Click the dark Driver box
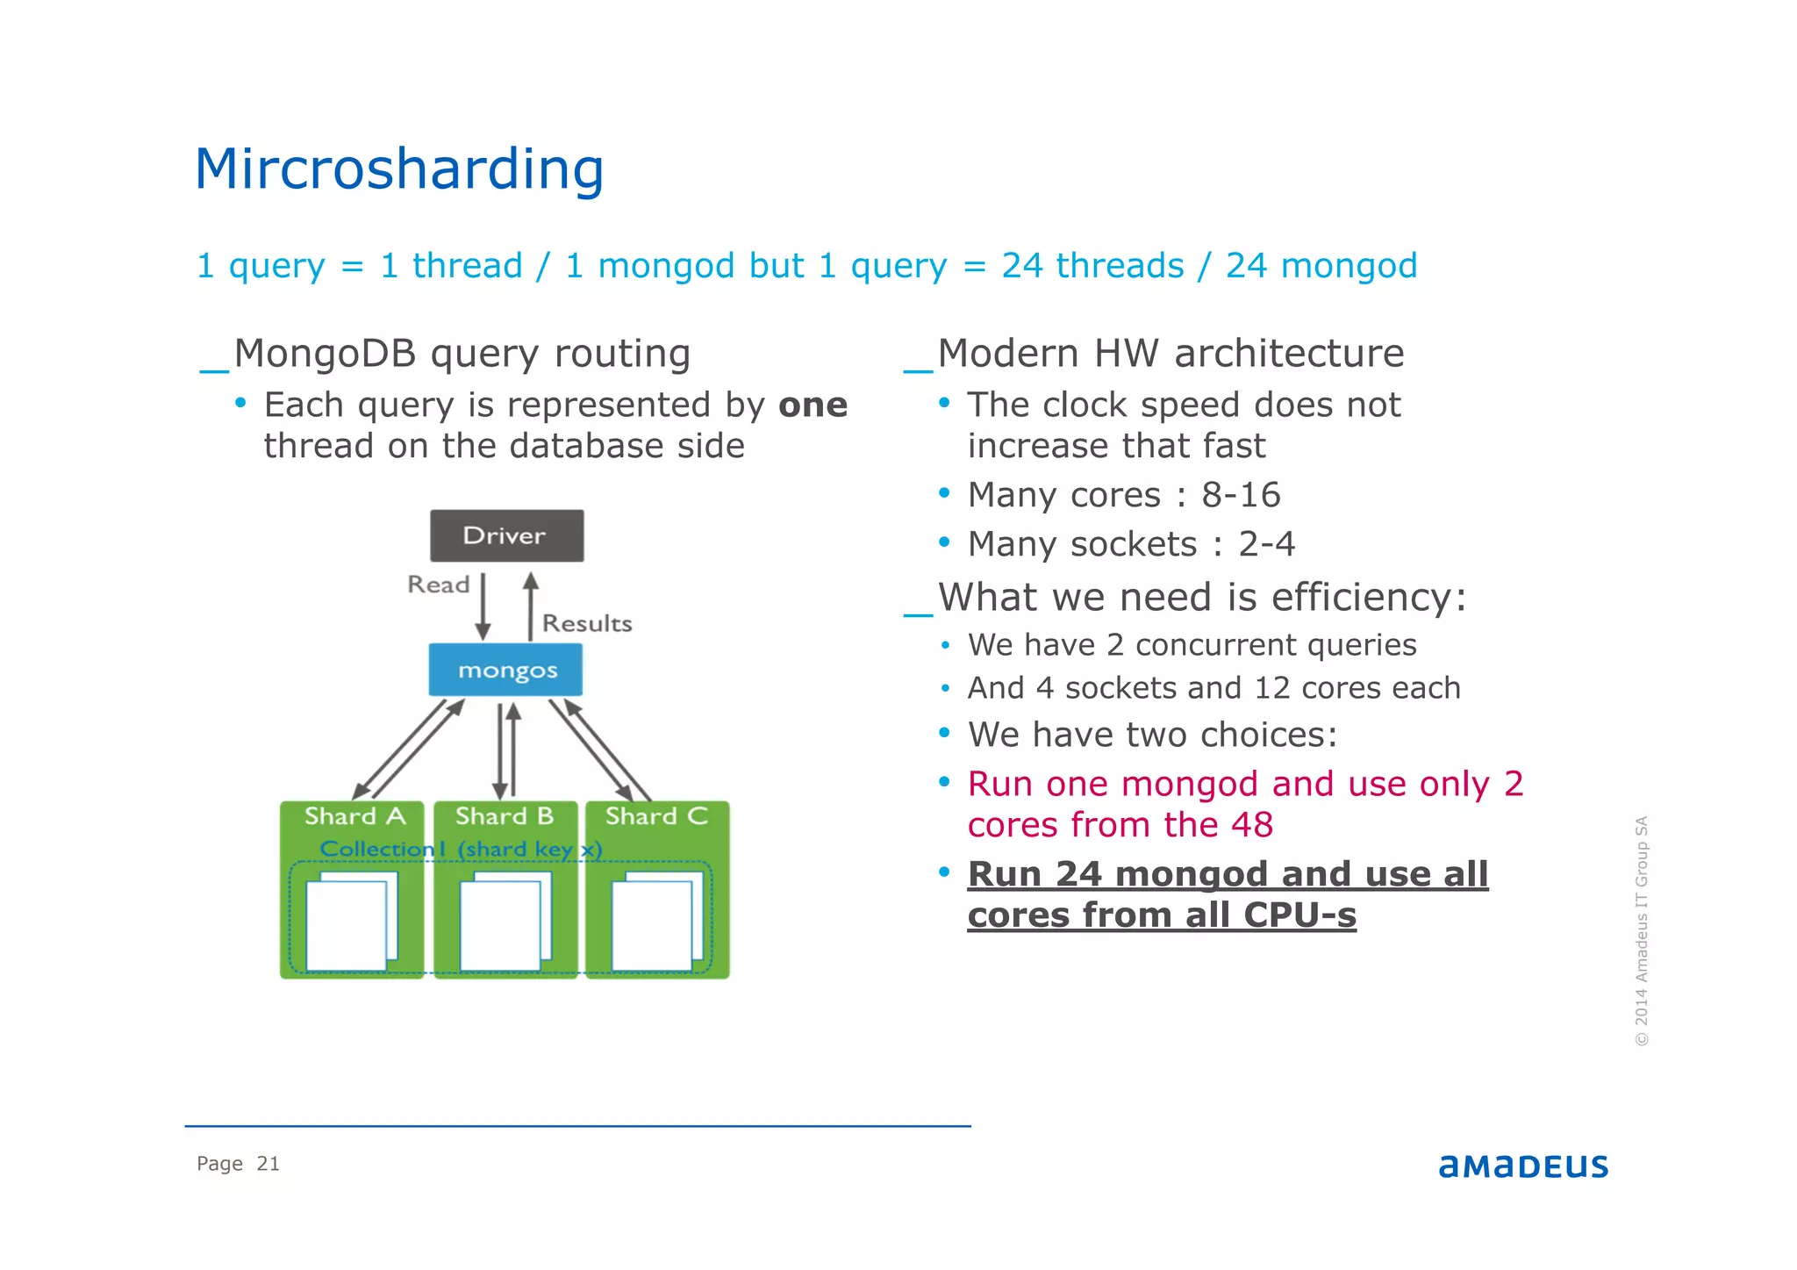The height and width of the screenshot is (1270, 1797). point(506,535)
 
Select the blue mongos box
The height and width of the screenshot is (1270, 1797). point(506,670)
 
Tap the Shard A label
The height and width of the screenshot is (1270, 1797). point(354,816)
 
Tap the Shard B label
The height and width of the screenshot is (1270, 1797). point(505,816)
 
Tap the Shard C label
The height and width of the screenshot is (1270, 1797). point(656,816)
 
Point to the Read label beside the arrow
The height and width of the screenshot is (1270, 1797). point(438,585)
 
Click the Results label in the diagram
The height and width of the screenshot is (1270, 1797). point(587,623)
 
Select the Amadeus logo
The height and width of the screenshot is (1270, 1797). point(1523,1166)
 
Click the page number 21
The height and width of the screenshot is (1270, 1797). point(268,1164)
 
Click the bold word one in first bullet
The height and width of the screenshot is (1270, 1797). point(813,405)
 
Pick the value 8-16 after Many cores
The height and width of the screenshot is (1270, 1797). point(1241,495)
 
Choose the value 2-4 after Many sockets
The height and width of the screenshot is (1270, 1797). point(1266,544)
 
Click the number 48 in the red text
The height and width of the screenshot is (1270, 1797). point(1250,825)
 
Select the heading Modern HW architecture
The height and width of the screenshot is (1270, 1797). point(1171,354)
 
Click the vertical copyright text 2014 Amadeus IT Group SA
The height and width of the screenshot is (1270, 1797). point(1642,930)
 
